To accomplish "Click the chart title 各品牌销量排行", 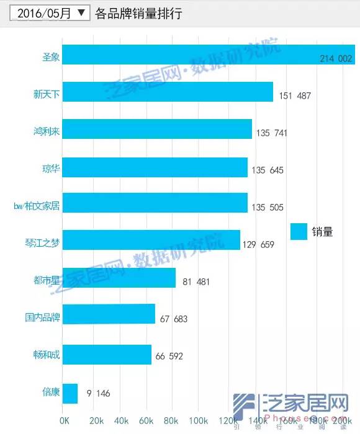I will point(138,13).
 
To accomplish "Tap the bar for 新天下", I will point(168,92).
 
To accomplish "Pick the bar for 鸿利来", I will point(157,129).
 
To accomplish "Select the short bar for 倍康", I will point(70,393).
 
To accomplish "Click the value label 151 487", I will point(295,96).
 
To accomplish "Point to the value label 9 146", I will point(98,393).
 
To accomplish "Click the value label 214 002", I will point(336,59).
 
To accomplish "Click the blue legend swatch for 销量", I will point(299,231).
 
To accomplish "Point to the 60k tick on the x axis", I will point(146,421).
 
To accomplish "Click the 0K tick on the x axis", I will point(65,421).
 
